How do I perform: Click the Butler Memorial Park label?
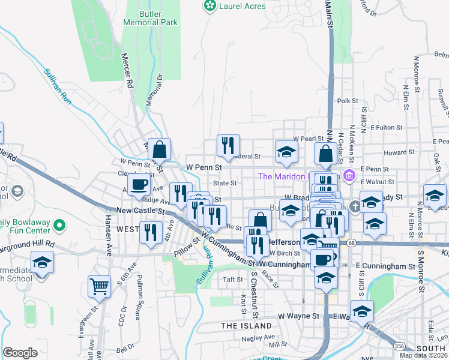[150, 17]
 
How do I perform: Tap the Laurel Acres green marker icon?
[209, 6]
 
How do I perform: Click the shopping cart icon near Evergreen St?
[99, 286]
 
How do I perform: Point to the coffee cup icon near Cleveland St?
[139, 185]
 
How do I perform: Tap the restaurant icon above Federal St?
[228, 145]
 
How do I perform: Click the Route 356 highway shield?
[399, 346]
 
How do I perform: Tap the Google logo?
[20, 353]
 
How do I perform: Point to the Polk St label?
[348, 101]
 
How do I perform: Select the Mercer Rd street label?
[127, 72]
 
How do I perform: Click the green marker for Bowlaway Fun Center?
[59, 226]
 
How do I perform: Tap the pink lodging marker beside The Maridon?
[350, 176]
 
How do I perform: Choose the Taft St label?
[232, 279]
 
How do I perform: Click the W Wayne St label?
[298, 316]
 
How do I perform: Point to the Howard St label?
[396, 153]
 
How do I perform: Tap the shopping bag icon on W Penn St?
[160, 149]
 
